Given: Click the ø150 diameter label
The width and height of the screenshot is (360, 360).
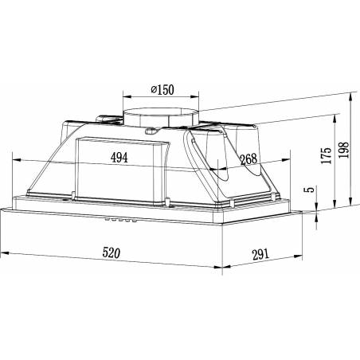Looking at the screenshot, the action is coord(162,90).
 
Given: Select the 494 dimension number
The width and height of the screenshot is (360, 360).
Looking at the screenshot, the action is coord(119,158).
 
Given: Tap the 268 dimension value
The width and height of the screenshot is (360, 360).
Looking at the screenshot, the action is coord(248,159).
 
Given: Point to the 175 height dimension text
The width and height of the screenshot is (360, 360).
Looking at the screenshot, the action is coord(327,155).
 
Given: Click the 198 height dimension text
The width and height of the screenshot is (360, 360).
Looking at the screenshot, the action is coord(344,150).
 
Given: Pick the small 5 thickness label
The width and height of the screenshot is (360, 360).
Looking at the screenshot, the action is coord(310,190).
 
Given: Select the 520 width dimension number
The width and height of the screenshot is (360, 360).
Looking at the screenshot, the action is coord(112,252).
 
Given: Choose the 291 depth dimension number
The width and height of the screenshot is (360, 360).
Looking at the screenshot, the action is coord(260,254).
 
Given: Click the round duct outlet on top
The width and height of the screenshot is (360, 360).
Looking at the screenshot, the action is coord(161,117).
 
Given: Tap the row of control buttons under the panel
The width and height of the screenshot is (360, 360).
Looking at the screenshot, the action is coord(121,220).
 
